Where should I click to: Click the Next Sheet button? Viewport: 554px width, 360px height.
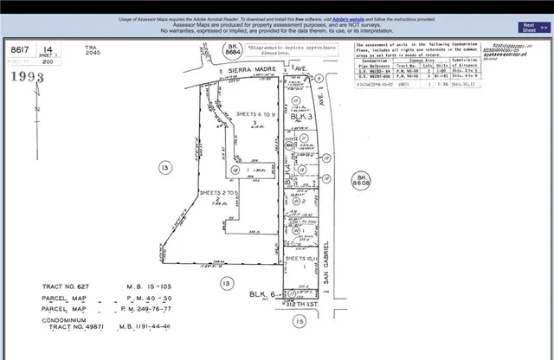[x=530, y=28]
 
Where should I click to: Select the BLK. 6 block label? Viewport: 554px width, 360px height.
[x=261, y=295]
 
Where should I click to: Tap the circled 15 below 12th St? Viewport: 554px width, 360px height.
[x=300, y=321]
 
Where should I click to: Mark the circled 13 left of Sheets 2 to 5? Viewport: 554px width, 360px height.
[x=162, y=166]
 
